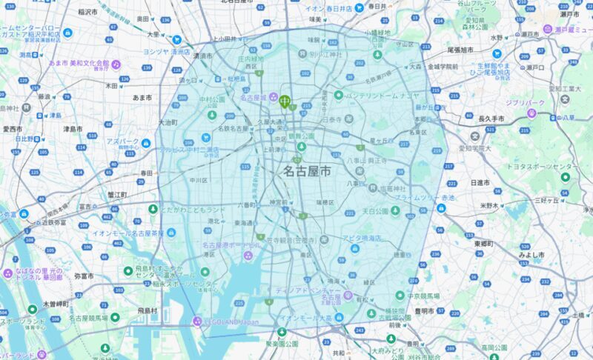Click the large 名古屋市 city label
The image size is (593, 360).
tap(307, 171)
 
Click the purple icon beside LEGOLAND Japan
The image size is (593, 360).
tap(197, 321)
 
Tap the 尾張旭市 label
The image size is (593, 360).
tap(460, 50)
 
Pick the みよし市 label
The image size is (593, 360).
tap(531, 254)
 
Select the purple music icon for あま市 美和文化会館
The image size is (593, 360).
tap(116, 64)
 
